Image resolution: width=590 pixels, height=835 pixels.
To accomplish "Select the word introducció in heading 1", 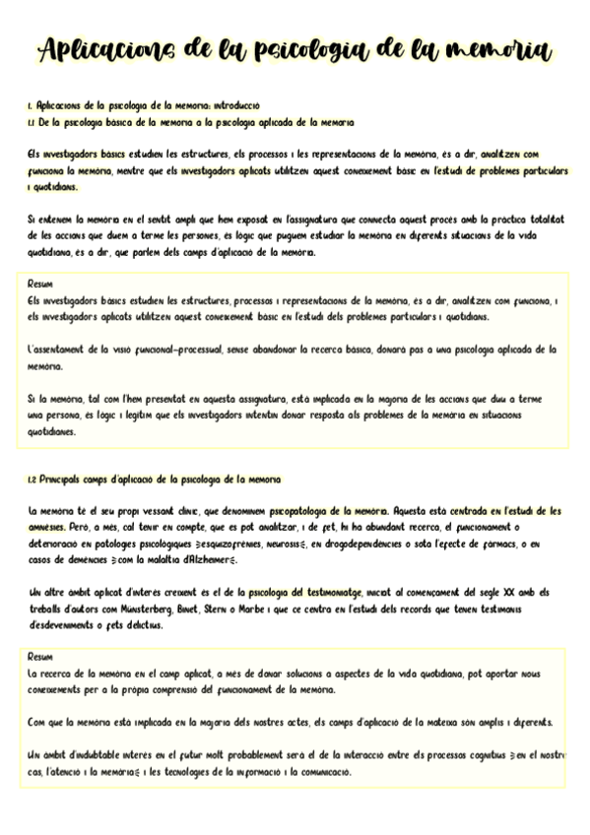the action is pyautogui.click(x=236, y=103).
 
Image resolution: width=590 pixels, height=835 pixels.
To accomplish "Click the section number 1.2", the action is pyautogui.click(x=33, y=480).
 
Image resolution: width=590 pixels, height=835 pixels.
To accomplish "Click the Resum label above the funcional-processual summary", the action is pyautogui.click(x=40, y=282).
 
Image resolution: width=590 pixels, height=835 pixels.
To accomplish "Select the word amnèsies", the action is pyautogui.click(x=47, y=528).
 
